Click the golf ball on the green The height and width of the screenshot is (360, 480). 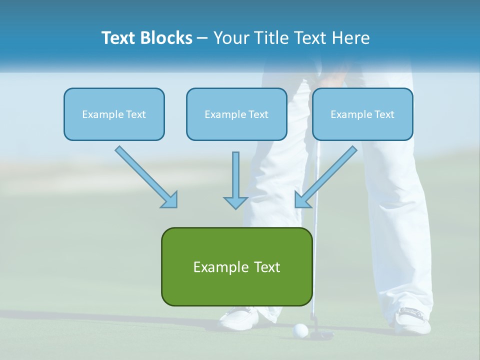point(300,330)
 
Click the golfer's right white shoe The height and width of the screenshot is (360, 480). point(413,320)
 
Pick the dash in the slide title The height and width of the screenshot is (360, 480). point(202,38)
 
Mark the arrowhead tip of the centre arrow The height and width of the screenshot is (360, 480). point(235,207)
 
